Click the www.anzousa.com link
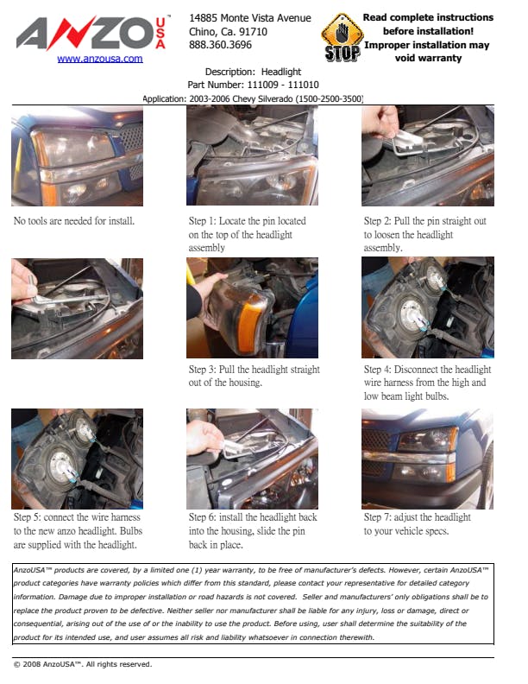[x=100, y=59]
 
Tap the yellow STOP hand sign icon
[x=343, y=37]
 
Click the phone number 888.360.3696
[x=220, y=45]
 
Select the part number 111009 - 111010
[x=283, y=85]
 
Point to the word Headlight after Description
[x=281, y=72]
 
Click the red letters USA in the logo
[x=160, y=33]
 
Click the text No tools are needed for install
[x=74, y=221]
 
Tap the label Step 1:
[x=202, y=221]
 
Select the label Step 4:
[x=377, y=370]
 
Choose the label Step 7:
[x=377, y=517]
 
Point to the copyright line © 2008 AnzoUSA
[x=83, y=664]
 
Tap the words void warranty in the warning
[x=428, y=58]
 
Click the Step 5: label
[x=27, y=517]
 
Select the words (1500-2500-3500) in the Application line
[x=330, y=98]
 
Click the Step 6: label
[x=202, y=517]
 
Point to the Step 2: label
[x=377, y=221]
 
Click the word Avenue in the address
[x=295, y=18]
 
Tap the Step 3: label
[x=202, y=370]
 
